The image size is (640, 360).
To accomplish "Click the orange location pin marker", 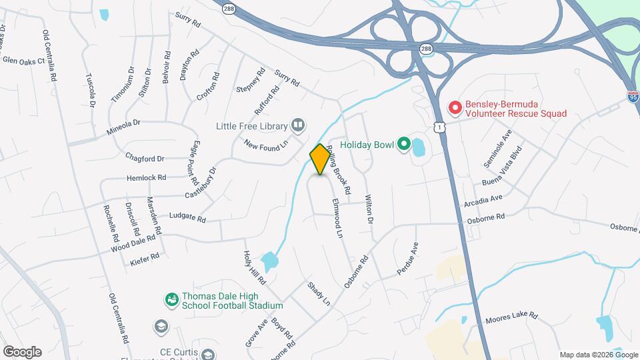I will [x=320, y=159].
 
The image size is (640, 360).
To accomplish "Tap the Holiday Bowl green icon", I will [x=403, y=143].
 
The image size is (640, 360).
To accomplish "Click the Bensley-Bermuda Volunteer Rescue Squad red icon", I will [x=455, y=107].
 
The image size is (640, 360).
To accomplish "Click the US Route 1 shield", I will [x=439, y=126].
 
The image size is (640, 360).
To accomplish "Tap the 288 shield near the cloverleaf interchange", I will [x=426, y=48].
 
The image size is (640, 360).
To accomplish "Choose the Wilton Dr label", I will [x=369, y=209].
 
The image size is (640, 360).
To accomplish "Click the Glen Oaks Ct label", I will [x=23, y=60].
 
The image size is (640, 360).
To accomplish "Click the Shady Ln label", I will [x=319, y=294].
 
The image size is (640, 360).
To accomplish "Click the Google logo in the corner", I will [x=21, y=352].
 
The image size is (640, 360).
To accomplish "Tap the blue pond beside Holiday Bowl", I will [x=419, y=146].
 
